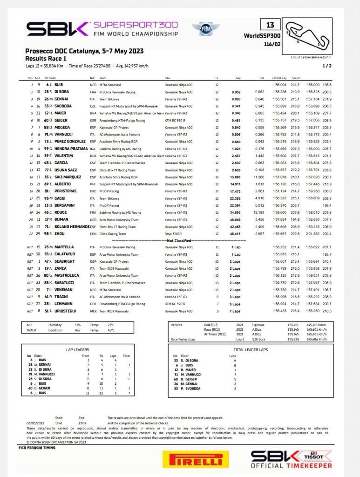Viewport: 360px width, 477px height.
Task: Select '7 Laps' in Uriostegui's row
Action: point(235,310)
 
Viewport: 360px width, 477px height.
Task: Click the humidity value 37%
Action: point(78,325)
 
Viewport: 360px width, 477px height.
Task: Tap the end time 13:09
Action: point(82,422)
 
